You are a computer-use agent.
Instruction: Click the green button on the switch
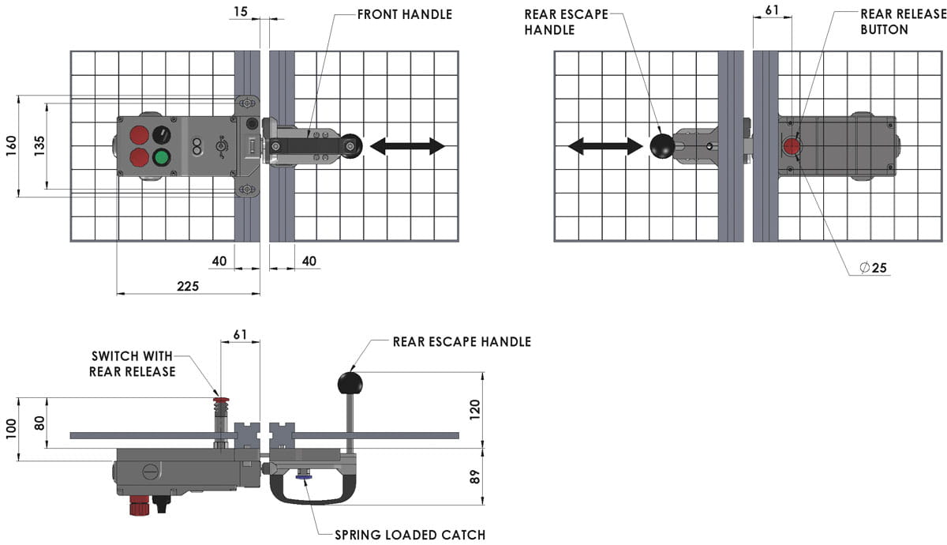coord(162,157)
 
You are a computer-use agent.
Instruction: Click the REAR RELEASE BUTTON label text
coord(895,22)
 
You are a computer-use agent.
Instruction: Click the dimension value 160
coord(10,145)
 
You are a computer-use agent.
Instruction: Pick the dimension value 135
coord(39,145)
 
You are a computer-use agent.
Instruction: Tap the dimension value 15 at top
coord(240,11)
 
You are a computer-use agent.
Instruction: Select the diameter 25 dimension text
coord(874,268)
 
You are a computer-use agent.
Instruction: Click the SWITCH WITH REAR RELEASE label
coord(132,364)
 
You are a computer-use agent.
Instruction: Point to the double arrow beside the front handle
coord(407,146)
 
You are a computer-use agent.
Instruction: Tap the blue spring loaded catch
coord(302,475)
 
